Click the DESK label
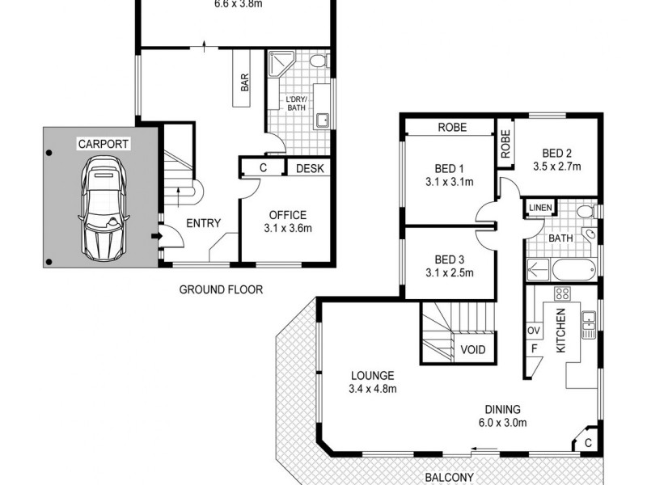309,169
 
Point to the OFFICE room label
287,215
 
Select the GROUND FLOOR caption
221,289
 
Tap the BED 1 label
448,169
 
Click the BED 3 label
448,259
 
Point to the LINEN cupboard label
539,209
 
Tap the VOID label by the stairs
472,350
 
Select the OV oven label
534,331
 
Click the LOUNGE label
372,376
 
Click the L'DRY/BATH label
296,103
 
